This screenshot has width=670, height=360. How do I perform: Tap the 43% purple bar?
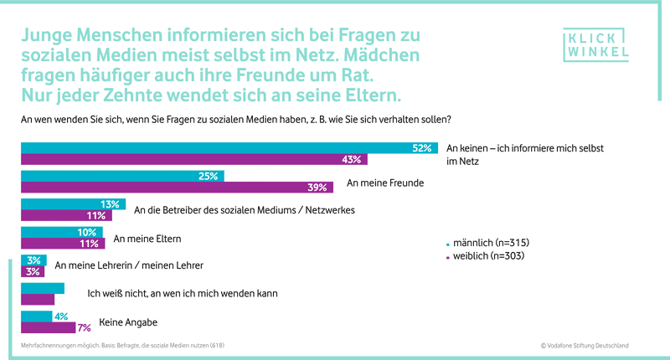tap(193, 160)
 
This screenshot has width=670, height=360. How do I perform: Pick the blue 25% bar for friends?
tap(122, 177)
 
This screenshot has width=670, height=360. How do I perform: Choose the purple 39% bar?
tap(177, 188)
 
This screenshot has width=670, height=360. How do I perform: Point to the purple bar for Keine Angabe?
tap(49, 327)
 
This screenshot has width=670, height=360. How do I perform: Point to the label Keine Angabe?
tap(128, 321)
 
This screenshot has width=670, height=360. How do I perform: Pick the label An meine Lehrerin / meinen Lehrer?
tap(128, 265)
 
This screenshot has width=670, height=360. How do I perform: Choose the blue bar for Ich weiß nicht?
tap(42, 288)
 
